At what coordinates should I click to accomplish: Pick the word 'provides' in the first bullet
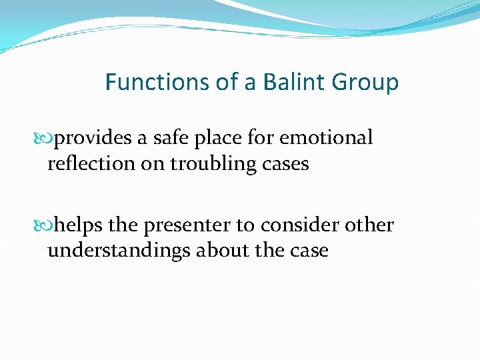93,139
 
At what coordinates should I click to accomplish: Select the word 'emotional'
326,138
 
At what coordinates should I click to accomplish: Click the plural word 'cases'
287,164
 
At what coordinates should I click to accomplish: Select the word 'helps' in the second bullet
79,226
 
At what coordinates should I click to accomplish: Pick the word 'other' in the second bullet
369,225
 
